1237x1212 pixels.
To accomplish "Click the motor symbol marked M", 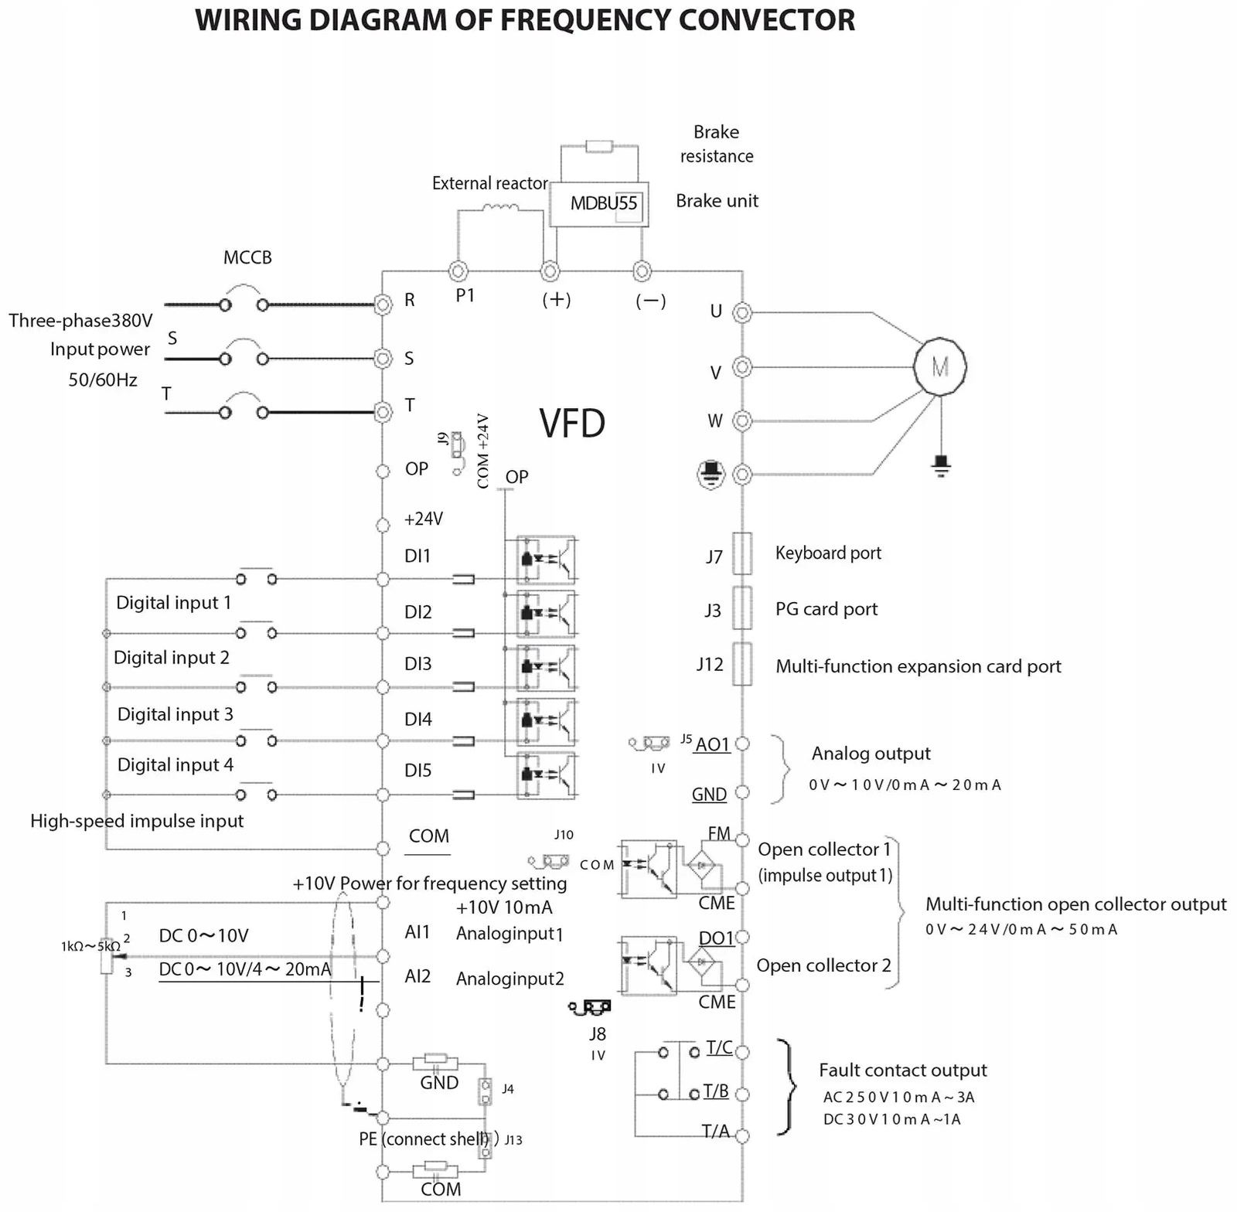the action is (x=939, y=366).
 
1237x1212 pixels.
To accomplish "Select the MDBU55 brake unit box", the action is (x=599, y=204).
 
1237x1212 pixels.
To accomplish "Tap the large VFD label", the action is (x=572, y=424).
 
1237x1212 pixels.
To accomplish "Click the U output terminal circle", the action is (x=742, y=313).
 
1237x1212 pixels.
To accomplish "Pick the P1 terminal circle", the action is (x=458, y=271).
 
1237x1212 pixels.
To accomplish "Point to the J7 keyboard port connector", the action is (x=742, y=553).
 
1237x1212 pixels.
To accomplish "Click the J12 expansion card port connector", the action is (x=742, y=664).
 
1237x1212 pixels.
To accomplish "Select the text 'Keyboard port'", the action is (x=828, y=553).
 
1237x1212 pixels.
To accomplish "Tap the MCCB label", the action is (x=247, y=257).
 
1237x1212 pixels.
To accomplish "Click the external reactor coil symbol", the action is (x=500, y=207).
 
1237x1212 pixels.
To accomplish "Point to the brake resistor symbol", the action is (x=599, y=146).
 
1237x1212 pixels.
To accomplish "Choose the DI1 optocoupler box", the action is (x=546, y=560).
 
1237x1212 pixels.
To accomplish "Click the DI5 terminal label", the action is (x=417, y=771).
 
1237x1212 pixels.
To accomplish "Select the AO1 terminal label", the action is (x=712, y=744).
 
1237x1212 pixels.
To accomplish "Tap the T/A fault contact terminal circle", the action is (x=742, y=1136).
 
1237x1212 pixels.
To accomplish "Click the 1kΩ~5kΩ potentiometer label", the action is (x=90, y=946).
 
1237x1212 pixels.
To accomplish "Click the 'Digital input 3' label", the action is (x=175, y=714).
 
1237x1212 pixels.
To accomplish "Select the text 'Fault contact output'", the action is (x=903, y=1071).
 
